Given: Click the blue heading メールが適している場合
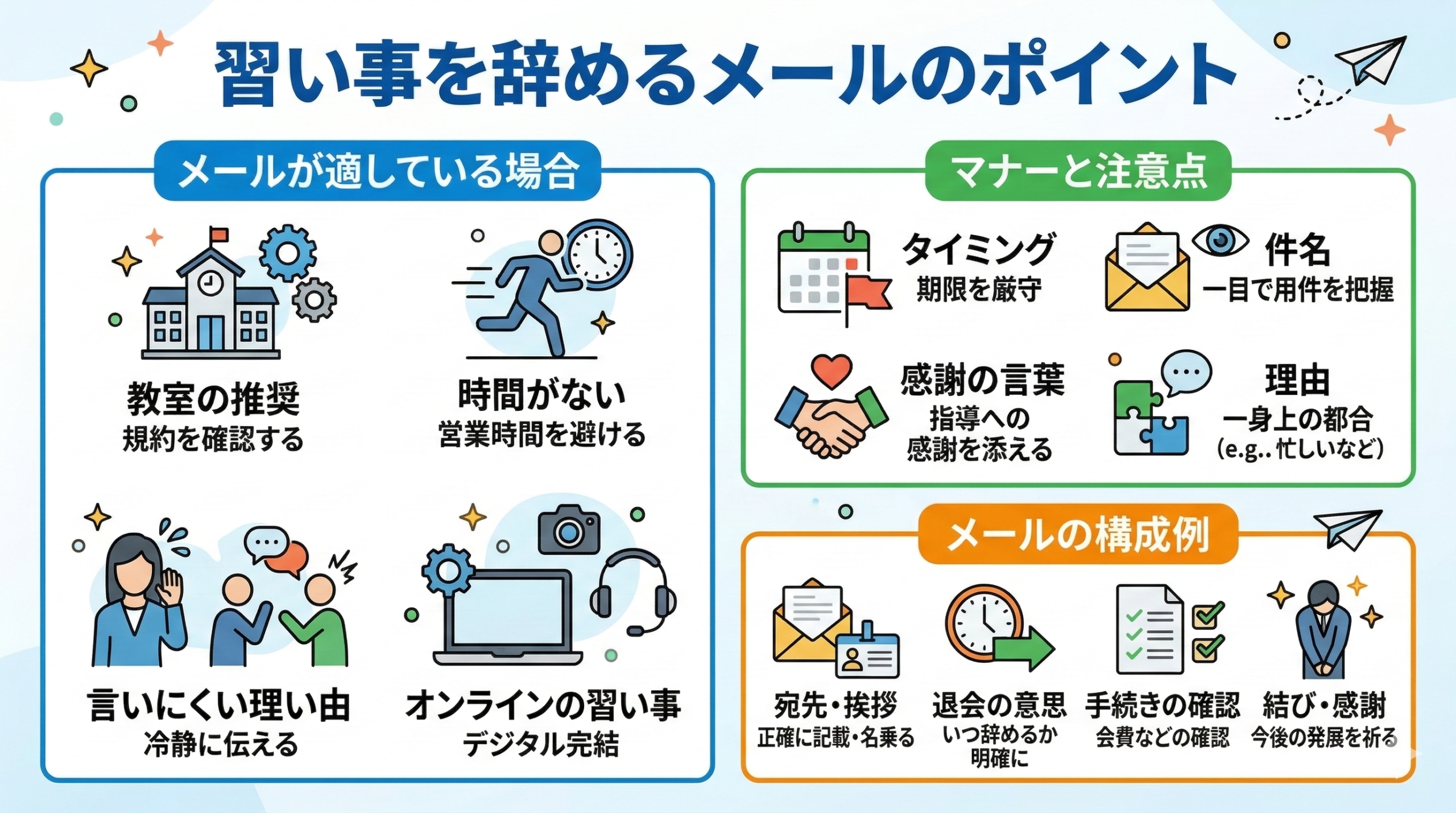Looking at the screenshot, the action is pyautogui.click(x=378, y=171).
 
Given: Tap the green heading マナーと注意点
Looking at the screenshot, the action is pyautogui.click(x=1078, y=171).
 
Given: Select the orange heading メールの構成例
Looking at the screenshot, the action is pyautogui.click(x=1078, y=535).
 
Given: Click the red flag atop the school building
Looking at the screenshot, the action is pyautogui.click(x=218, y=234).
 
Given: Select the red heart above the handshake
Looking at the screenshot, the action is pyautogui.click(x=832, y=370).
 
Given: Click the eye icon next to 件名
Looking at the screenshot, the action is pyautogui.click(x=1221, y=241).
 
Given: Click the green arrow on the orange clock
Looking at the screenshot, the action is pyautogui.click(x=1024, y=649).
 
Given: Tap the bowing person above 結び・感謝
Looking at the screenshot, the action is pyautogui.click(x=1325, y=629).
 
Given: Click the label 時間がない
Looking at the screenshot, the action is pyautogui.click(x=541, y=394).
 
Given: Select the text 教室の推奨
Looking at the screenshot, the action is pyautogui.click(x=213, y=399).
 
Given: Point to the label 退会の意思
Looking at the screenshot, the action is pyautogui.click(x=999, y=705).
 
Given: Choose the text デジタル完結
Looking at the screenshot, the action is pyautogui.click(x=541, y=744).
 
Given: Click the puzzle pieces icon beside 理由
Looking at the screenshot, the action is pyautogui.click(x=1149, y=418).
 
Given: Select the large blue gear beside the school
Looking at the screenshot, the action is pyautogui.click(x=288, y=253).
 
